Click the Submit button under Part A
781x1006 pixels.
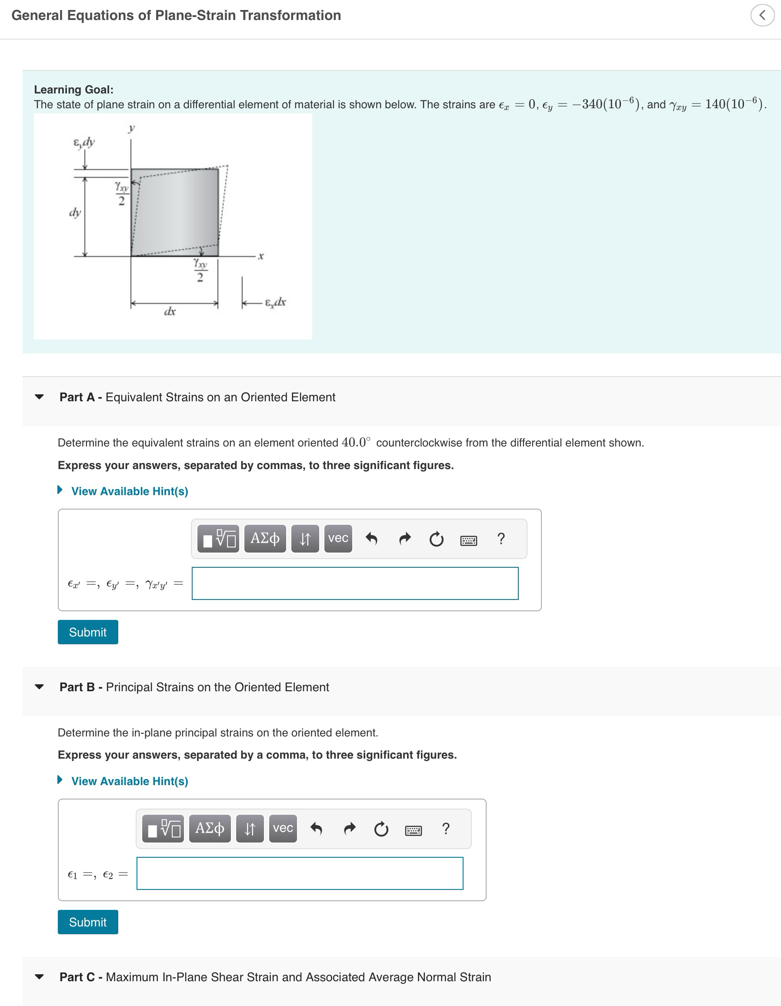87,632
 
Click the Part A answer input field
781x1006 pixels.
355,583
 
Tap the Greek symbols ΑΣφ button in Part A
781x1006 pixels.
264,538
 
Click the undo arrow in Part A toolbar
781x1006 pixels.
371,538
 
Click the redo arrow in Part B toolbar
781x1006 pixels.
350,828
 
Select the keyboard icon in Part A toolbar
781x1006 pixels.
469,540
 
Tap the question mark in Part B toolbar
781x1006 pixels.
446,828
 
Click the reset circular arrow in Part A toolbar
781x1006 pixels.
436,539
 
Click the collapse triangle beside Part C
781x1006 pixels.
40,976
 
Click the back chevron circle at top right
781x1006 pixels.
762,15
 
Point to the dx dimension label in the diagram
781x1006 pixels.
170,312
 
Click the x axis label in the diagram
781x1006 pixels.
261,256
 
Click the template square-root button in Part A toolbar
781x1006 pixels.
218,538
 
